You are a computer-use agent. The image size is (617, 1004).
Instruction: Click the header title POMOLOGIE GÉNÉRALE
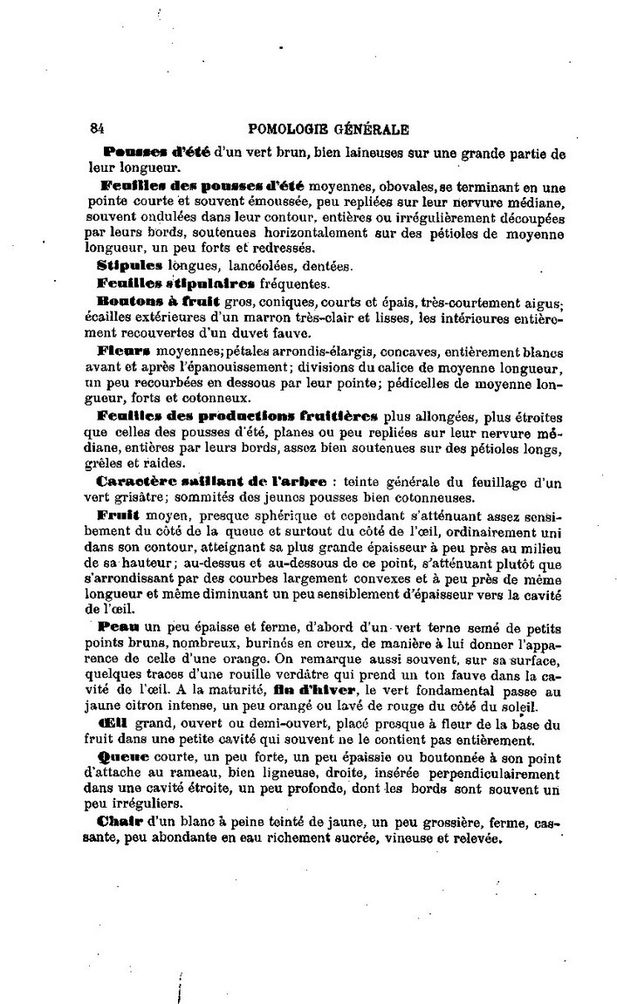coord(329,129)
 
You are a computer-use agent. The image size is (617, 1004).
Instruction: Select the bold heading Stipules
coord(130,264)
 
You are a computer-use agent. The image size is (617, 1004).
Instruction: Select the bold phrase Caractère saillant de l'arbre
coord(211,481)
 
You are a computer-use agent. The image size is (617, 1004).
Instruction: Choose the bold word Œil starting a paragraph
coord(116,724)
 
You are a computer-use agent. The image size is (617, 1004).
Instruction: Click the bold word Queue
coord(124,757)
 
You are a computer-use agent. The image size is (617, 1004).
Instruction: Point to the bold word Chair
coord(121,823)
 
